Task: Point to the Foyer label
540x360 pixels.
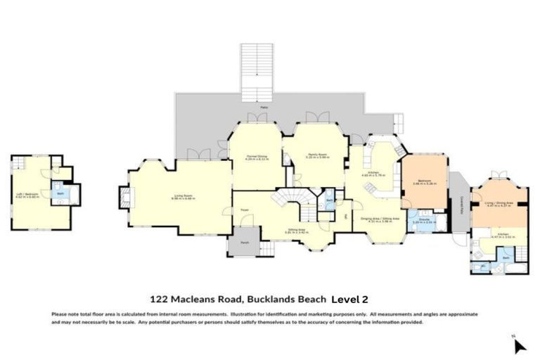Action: (245, 209)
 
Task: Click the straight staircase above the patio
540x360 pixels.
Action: (257, 67)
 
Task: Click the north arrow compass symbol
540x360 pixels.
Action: (519, 345)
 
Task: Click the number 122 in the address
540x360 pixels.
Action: (161, 298)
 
